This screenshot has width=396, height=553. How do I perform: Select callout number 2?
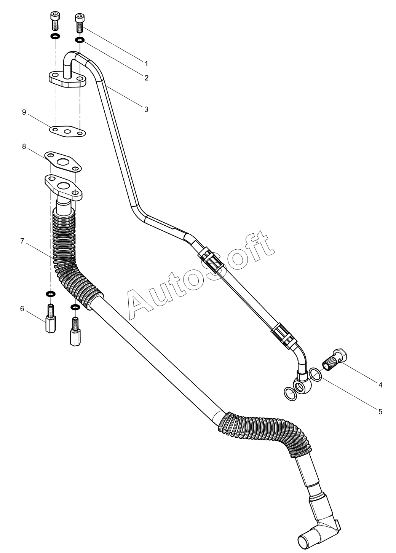pos(146,78)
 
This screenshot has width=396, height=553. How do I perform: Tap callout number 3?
pos(146,109)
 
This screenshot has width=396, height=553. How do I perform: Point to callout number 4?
pos(380,385)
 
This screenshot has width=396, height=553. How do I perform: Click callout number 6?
pos(22,309)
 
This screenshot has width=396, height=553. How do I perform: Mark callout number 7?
pos(22,241)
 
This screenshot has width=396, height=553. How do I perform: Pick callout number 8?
pos(24,147)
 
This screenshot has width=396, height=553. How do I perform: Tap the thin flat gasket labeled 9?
pos(68,131)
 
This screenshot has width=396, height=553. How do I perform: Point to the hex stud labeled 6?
pos(50,323)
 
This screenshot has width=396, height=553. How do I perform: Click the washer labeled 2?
pos(80,40)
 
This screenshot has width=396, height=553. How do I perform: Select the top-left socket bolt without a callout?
pos(54,21)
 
